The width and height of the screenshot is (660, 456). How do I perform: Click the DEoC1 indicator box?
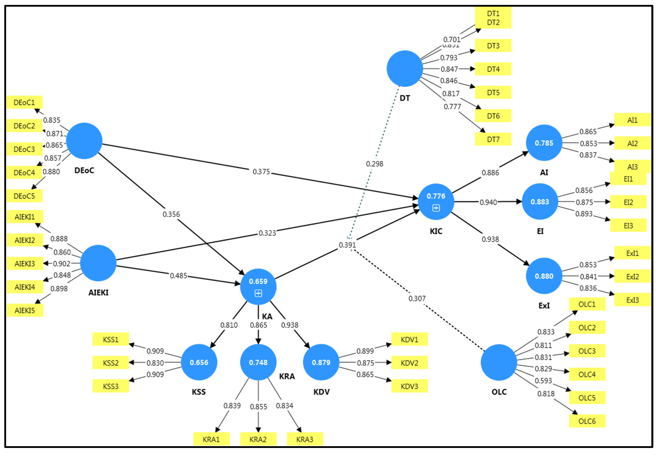24,102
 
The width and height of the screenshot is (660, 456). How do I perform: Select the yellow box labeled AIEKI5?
25,310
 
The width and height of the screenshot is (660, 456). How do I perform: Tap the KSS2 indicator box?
111,363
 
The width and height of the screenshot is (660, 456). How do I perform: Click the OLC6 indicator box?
587,421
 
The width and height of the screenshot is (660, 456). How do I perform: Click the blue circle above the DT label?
405,69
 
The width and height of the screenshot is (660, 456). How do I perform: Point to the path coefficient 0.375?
261,172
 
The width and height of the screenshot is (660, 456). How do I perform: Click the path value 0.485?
178,276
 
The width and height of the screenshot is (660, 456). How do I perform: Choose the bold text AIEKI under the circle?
98,293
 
